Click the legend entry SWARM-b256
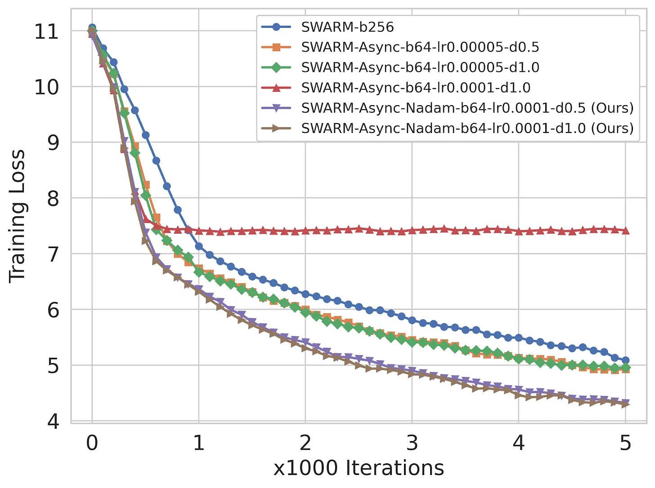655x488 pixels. click(347, 27)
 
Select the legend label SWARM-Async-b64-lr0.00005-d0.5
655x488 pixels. click(420, 47)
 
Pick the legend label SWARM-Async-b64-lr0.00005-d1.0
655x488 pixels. click(420, 67)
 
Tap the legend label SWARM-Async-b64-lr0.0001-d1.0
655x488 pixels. click(415, 88)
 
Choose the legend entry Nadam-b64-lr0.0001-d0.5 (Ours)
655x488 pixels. click(467, 108)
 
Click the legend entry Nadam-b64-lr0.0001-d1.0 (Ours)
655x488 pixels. click(467, 128)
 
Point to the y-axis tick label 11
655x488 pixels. click(46, 32)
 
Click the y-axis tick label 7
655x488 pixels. click(53, 254)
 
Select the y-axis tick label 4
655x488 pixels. click(53, 421)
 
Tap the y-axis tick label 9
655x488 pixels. click(53, 143)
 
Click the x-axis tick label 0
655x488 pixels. click(92, 443)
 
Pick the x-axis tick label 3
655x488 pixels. click(412, 443)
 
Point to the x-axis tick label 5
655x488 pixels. click(625, 443)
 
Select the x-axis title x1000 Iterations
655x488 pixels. click(359, 468)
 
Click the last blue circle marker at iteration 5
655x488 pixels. click(625, 360)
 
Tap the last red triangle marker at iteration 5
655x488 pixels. click(625, 230)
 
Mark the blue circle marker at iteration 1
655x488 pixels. click(199, 246)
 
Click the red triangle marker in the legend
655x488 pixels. click(276, 88)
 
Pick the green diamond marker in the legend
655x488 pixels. click(276, 67)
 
